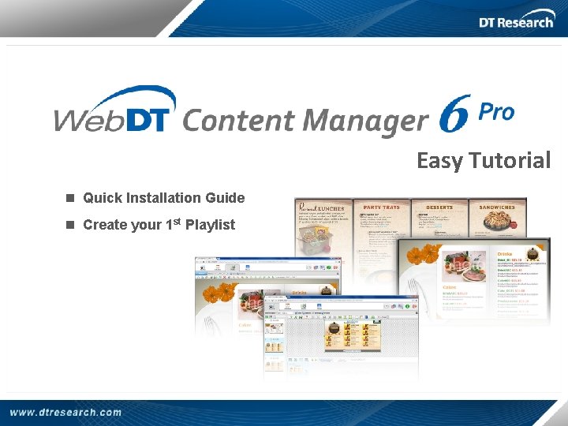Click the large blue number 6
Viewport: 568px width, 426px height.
[x=455, y=114]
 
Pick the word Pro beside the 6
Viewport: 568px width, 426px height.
[x=496, y=113]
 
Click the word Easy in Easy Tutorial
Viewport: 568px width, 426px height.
[x=438, y=161]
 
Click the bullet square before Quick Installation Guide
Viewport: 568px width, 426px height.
[x=70, y=198]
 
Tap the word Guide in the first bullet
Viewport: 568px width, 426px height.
[x=224, y=198]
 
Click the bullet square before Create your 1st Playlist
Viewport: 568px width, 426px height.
[x=70, y=225]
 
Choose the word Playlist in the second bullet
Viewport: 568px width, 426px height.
[x=210, y=225]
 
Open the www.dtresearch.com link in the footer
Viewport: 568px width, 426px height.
[x=66, y=412]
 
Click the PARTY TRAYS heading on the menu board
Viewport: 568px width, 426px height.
[x=380, y=207]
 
